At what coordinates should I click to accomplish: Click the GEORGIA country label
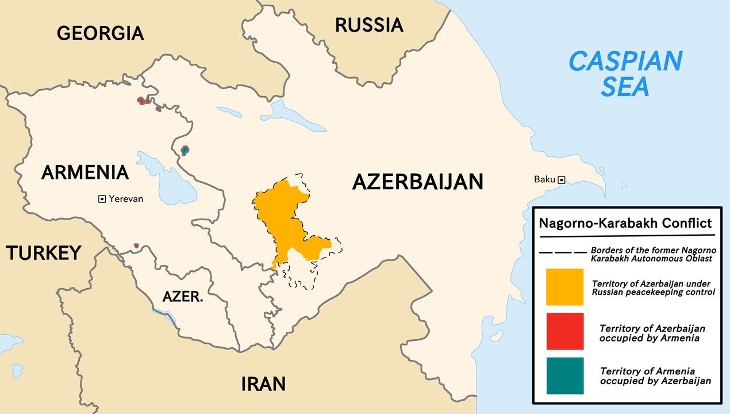(x=100, y=33)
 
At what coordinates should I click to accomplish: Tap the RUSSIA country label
(x=369, y=25)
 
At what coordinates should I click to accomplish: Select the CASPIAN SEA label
(x=625, y=73)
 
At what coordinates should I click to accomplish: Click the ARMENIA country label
(x=84, y=172)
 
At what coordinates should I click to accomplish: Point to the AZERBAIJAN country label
(x=417, y=182)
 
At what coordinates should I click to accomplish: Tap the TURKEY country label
(x=43, y=252)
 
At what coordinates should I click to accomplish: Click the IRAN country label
(x=263, y=384)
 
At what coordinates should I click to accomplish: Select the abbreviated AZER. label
(x=182, y=297)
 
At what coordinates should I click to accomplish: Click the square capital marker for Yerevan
(x=102, y=199)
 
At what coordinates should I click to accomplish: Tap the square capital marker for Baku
(x=562, y=179)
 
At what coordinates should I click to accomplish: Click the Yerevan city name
(x=126, y=199)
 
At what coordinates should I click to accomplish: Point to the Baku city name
(x=544, y=179)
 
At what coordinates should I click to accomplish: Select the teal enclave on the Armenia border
(x=185, y=151)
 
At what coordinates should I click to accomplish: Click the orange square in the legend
(x=564, y=287)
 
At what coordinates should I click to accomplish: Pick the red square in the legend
(x=564, y=331)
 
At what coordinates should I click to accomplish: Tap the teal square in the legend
(x=564, y=375)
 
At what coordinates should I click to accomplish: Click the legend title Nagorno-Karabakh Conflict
(x=625, y=223)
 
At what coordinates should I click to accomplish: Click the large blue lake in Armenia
(x=167, y=181)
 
